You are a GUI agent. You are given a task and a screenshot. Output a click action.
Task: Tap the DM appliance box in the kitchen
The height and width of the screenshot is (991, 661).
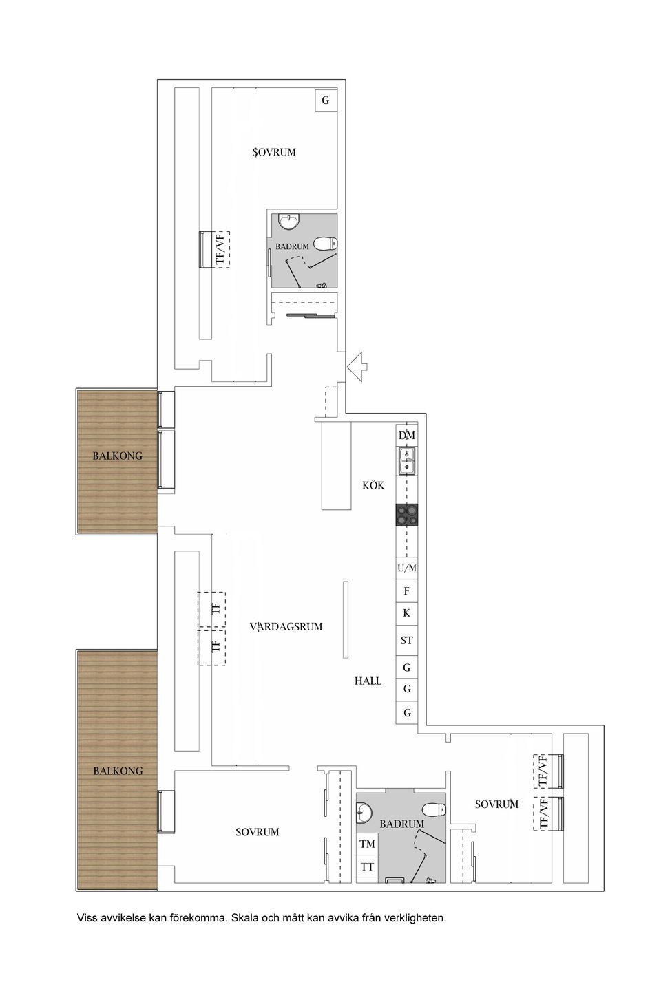pos(407,436)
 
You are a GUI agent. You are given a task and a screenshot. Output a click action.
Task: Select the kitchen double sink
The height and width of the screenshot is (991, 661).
pos(407,460)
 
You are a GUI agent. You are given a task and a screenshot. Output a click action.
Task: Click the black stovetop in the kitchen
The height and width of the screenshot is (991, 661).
pos(407,515)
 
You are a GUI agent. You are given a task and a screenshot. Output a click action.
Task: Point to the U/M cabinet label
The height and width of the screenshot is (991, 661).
pos(407,568)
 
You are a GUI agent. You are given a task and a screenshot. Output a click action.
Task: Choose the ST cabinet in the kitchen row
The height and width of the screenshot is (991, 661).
pos(407,640)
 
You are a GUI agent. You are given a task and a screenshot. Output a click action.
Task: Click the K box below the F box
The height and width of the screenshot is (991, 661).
pos(407,612)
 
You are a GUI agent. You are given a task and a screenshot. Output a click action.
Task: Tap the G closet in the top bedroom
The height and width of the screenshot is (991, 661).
pos(326,100)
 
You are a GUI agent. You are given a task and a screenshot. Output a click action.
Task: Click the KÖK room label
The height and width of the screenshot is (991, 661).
pos(373,485)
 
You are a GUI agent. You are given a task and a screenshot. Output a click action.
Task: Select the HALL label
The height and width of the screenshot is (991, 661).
pos(368,681)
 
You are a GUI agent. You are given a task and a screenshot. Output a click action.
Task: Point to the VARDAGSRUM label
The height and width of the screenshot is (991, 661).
pos(286,627)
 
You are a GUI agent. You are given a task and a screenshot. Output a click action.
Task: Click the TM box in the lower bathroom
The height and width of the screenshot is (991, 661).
pos(367,844)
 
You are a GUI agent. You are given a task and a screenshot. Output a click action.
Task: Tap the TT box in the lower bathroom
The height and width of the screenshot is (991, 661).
pos(367,867)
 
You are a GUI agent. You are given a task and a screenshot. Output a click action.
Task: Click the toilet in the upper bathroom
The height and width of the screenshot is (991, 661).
pos(324,243)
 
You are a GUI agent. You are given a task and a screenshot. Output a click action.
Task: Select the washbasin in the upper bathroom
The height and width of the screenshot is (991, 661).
pos(289,222)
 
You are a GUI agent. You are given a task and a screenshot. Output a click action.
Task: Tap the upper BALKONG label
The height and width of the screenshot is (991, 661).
pos(118,456)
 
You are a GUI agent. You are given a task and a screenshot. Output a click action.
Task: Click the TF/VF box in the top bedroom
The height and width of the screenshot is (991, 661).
pos(220,249)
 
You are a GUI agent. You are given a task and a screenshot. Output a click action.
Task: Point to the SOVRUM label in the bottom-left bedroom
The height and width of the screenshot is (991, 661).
pos(258,832)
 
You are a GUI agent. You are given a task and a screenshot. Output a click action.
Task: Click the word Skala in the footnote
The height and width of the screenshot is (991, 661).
pos(245,918)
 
